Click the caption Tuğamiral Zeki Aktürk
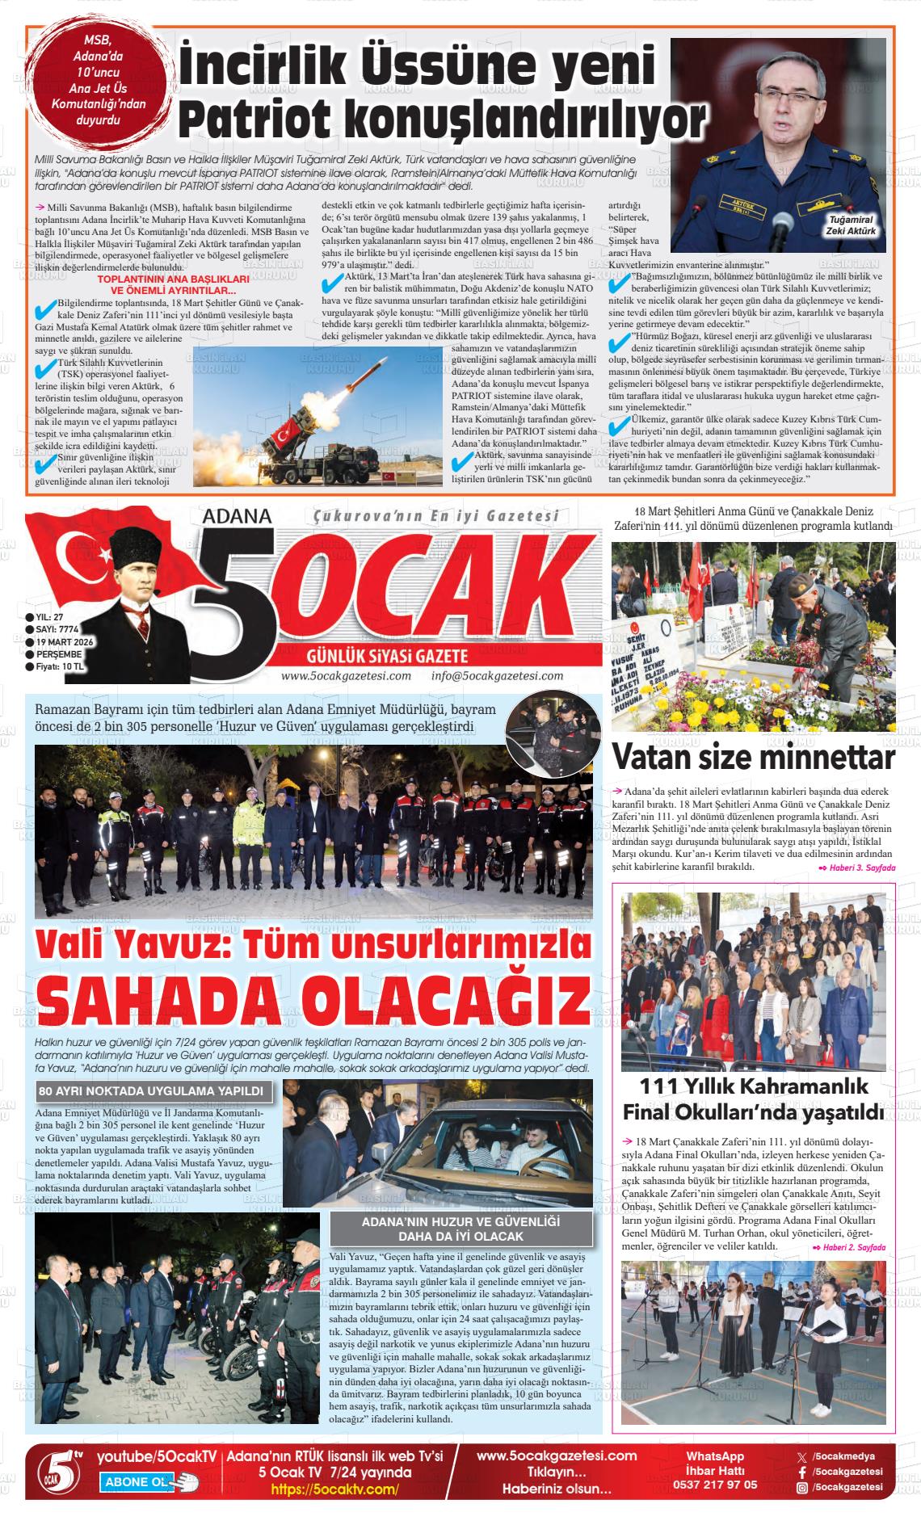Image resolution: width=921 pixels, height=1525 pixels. (851, 225)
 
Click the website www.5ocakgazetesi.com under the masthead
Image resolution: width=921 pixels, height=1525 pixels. (346, 676)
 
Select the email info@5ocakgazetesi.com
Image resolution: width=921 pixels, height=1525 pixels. (497, 676)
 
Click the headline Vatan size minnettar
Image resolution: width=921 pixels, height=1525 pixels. (753, 758)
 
